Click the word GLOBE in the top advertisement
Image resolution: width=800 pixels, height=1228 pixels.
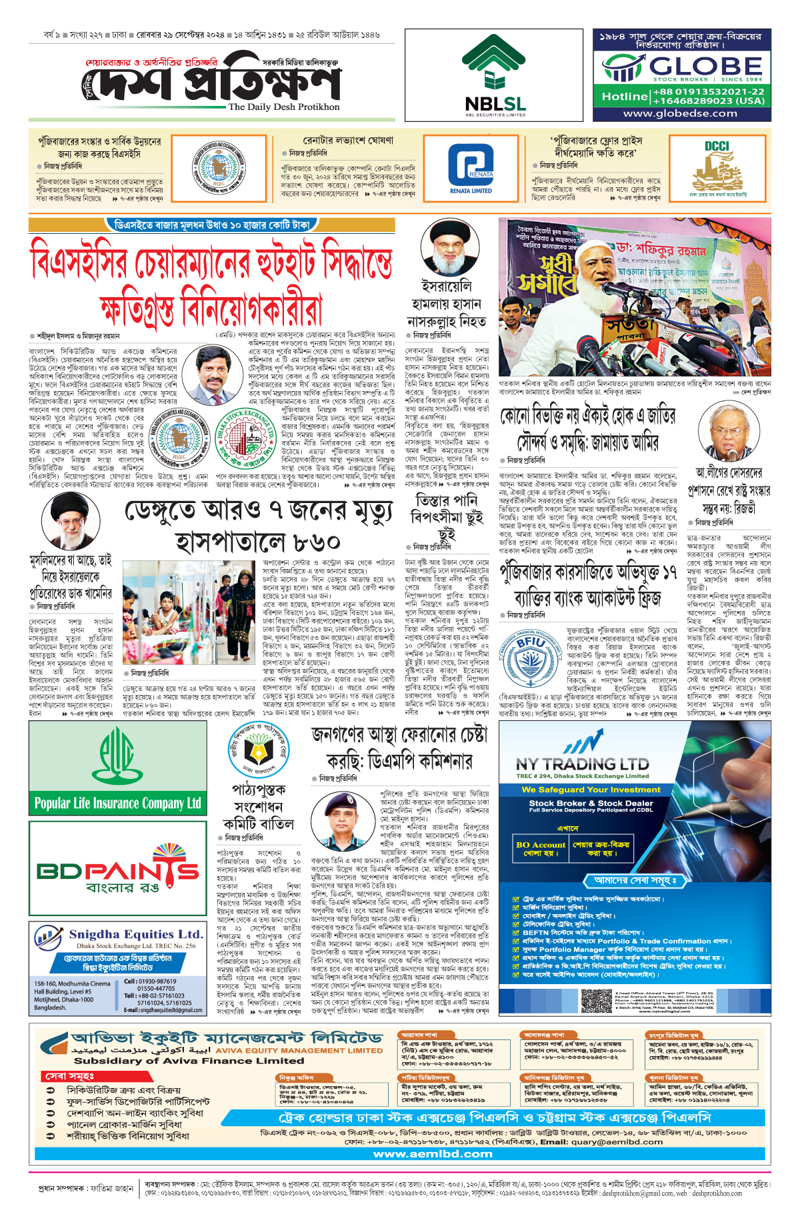click(705, 67)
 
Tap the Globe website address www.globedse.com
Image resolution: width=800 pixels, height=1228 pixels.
click(680, 113)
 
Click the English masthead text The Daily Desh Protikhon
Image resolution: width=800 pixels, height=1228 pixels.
click(283, 107)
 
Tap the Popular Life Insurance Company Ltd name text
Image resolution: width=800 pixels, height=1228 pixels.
click(118, 803)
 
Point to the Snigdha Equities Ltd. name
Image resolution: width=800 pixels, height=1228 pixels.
click(136, 934)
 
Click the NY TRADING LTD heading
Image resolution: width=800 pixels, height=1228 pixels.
click(582, 764)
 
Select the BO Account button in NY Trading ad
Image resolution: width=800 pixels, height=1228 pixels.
click(540, 848)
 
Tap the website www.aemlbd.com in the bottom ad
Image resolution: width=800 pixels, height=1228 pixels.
click(433, 1153)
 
